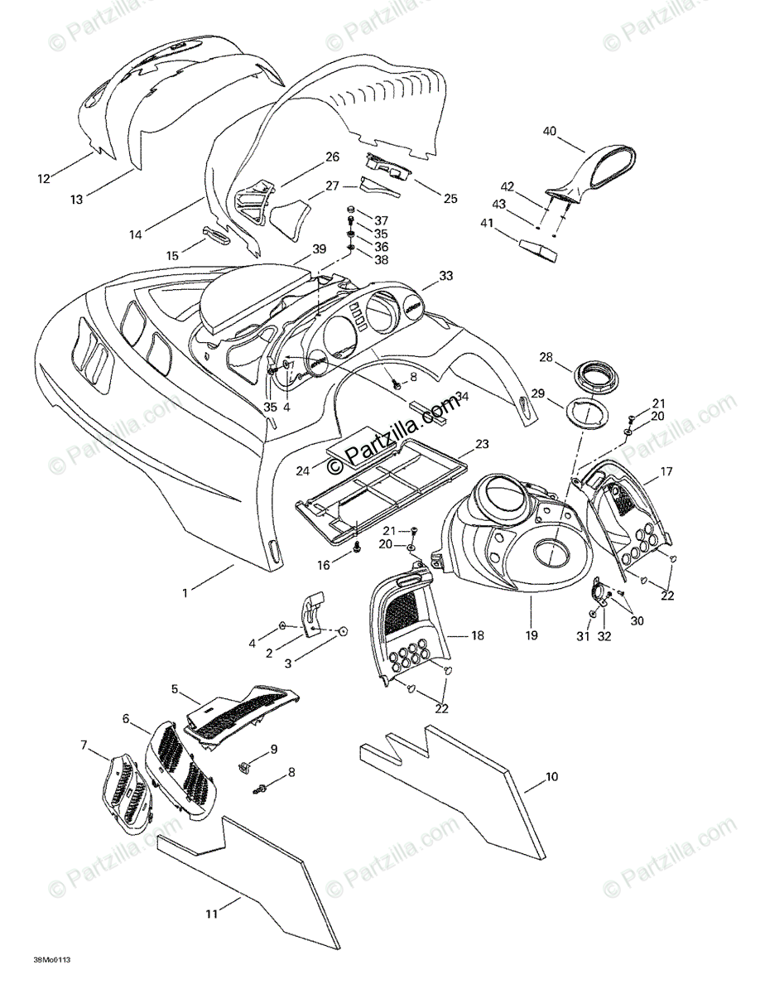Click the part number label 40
550,131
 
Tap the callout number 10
552,777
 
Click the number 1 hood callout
185,592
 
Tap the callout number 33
446,275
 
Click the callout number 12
43,177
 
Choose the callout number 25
450,198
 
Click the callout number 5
175,688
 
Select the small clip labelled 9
246,767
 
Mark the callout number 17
665,474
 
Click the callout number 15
172,256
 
